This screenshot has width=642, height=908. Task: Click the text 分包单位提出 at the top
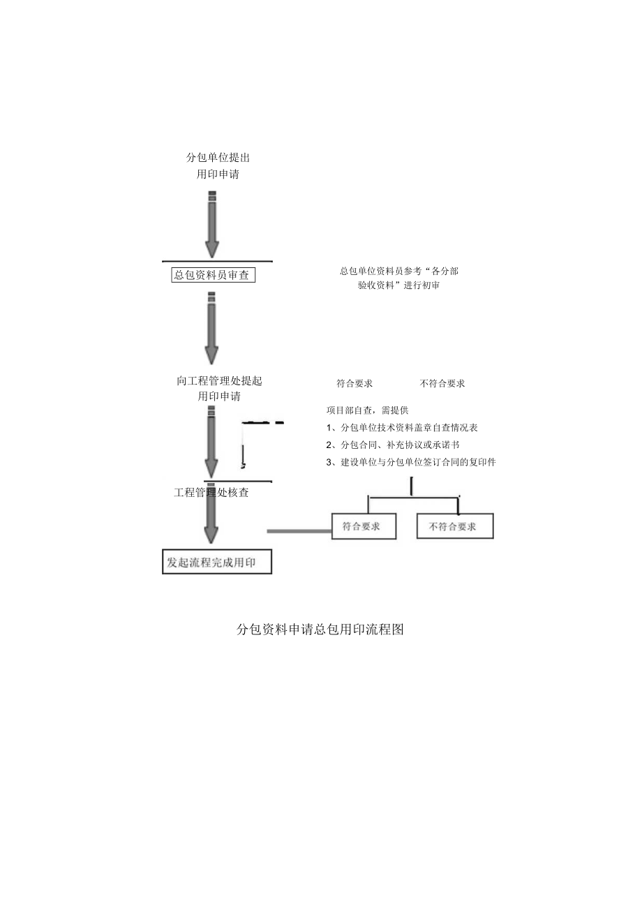218,158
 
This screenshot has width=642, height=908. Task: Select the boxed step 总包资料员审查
213,275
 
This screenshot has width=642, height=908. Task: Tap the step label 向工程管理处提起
219,381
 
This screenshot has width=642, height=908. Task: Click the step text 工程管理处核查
211,493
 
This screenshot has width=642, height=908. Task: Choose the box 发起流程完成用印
216,562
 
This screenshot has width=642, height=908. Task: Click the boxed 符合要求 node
363,526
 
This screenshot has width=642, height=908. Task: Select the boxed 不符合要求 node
454,526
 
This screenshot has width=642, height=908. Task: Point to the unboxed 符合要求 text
354,383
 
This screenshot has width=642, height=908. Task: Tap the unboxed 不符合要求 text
442,383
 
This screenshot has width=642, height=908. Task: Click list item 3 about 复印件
411,462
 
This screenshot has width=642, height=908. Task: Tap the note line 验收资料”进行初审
398,285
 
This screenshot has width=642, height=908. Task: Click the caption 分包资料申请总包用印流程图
320,630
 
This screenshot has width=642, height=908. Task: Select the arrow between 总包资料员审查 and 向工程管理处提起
211,328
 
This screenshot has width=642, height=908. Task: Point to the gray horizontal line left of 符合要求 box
299,531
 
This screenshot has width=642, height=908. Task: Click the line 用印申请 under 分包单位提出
218,174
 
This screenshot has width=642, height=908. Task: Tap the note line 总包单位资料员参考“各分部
398,270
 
